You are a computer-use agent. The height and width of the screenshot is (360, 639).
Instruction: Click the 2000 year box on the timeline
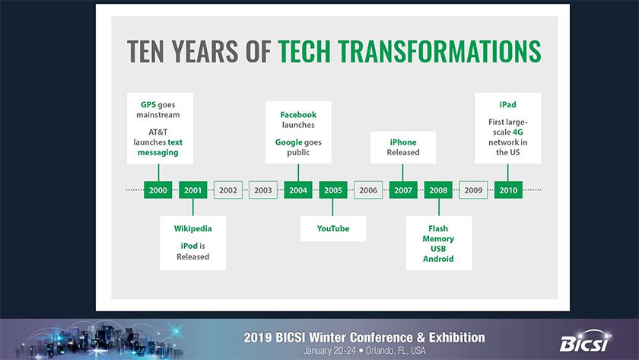[157, 190]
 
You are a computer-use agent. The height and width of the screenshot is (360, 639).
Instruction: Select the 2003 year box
[263, 190]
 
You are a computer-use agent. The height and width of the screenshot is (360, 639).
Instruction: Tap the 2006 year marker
[368, 190]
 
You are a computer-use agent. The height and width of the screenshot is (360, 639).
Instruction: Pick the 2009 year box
[473, 190]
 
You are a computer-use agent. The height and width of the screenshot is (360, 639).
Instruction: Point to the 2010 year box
[508, 190]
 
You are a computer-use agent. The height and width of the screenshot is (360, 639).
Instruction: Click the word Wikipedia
[192, 229]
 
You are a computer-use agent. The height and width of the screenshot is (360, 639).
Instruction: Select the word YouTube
[333, 229]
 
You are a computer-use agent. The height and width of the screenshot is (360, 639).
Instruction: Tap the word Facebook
[298, 115]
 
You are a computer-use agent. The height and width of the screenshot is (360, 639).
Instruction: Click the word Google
[288, 142]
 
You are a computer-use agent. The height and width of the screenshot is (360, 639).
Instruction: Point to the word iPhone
[403, 142]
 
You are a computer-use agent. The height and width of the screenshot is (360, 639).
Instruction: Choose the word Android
[438, 259]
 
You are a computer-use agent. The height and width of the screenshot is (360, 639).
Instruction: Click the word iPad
[508, 105]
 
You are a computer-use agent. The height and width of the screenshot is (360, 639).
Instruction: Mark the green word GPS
[148, 105]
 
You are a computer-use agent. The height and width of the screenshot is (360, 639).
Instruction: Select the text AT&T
[158, 132]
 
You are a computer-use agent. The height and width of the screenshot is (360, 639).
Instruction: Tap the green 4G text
[517, 132]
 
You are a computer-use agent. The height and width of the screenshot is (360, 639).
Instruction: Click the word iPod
[189, 246]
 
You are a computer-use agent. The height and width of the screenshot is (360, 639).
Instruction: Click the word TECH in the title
[304, 51]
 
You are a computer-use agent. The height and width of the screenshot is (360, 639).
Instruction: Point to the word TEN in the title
[145, 51]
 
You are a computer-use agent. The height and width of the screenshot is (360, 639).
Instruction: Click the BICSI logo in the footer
[585, 341]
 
